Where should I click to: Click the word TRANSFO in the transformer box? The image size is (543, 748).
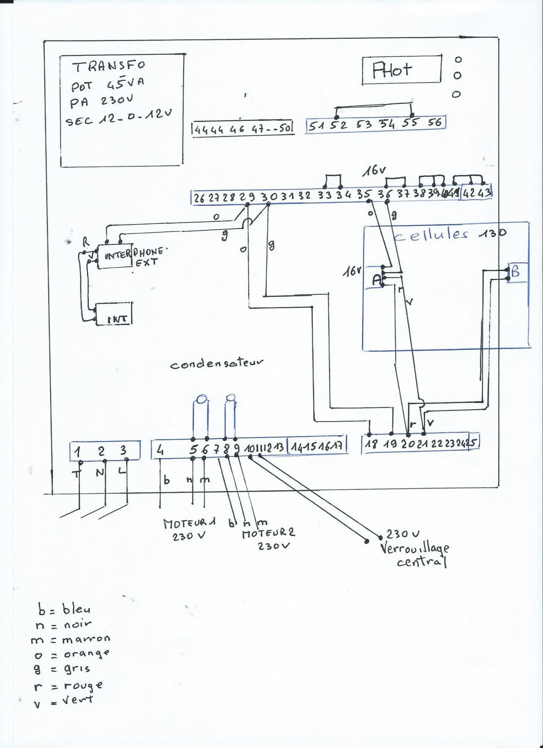[x=109, y=66]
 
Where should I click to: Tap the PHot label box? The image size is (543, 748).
[x=401, y=70]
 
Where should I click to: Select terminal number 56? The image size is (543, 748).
[x=435, y=123]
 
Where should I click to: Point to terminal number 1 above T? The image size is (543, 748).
[x=77, y=452]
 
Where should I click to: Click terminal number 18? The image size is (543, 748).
[x=370, y=444]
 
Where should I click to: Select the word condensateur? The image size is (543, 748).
[x=217, y=364]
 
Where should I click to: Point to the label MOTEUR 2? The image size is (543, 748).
[x=268, y=533]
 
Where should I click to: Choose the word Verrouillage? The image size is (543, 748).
[x=415, y=549]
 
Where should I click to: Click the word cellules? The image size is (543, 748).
[x=431, y=235]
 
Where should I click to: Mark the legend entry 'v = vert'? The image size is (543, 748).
[x=63, y=700]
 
